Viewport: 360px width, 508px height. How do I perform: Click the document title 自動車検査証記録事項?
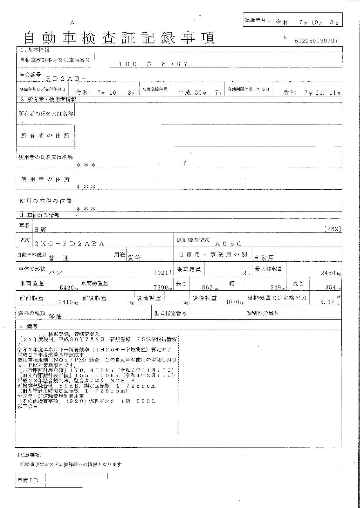pos(119,38)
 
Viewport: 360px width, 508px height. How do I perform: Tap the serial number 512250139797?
pos(316,41)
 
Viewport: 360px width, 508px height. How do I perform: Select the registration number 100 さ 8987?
pos(153,64)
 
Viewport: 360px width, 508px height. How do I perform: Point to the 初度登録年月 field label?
pos(154,89)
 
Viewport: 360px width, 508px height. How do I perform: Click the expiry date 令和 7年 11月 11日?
pos(311,93)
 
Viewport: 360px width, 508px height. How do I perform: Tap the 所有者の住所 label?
pos(45,135)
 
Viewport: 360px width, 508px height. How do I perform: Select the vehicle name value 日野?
pos(41,230)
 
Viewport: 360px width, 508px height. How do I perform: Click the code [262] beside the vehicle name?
pos(332,229)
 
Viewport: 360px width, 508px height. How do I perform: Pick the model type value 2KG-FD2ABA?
pos(69,244)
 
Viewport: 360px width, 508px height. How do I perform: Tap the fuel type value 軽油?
pos(55,316)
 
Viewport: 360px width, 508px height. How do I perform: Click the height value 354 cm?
pos(332,287)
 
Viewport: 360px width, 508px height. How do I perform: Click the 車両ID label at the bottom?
pos(28,481)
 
